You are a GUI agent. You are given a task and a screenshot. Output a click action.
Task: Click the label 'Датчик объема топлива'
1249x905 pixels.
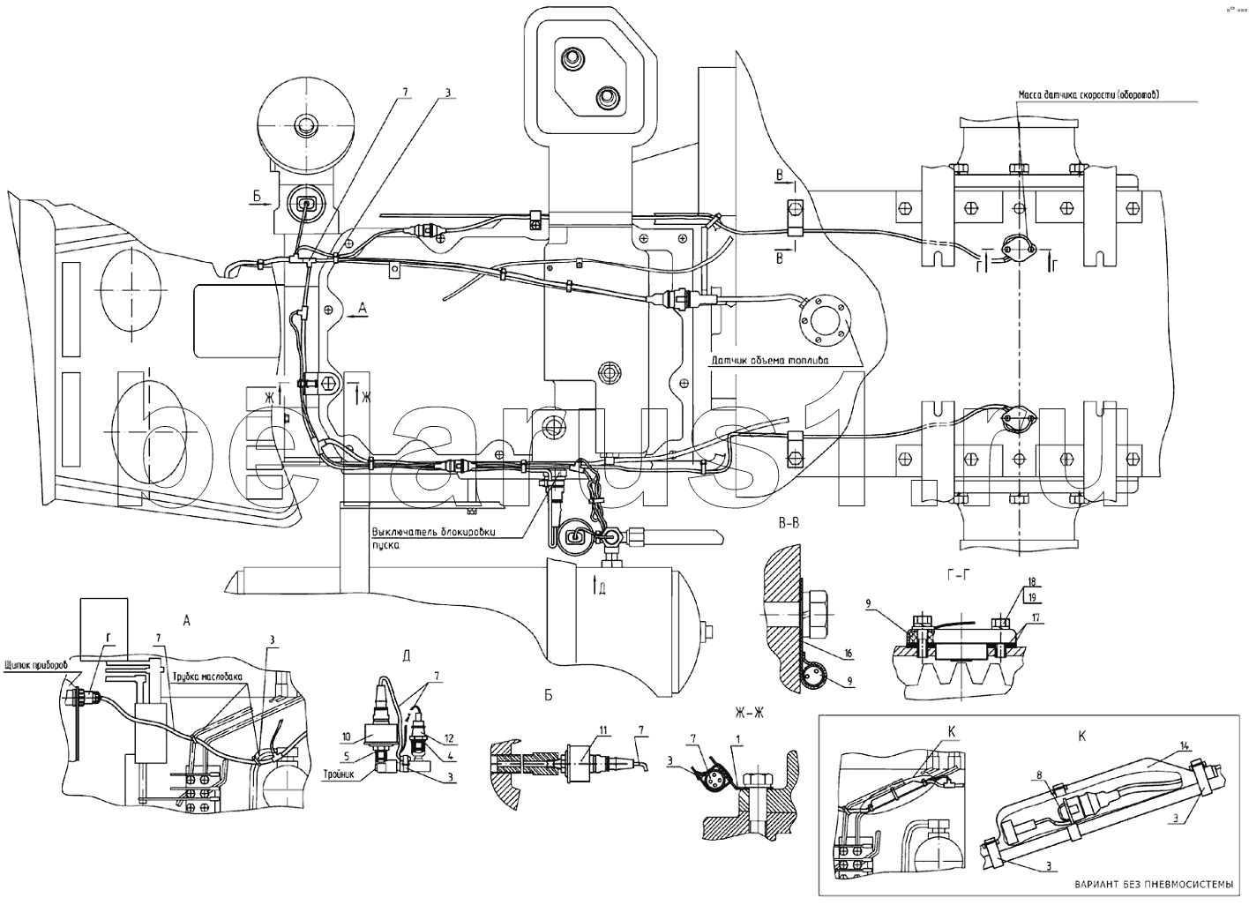(x=773, y=361)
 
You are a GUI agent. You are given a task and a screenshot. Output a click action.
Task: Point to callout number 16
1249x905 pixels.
(x=848, y=653)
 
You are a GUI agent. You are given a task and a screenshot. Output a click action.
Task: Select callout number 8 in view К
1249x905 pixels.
(x=1042, y=774)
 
